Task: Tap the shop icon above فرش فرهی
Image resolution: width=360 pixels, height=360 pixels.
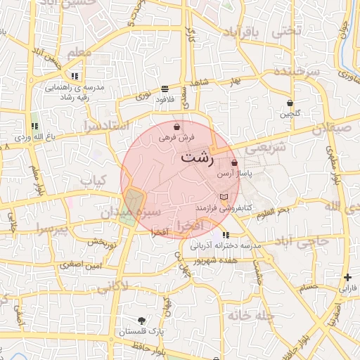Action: pos(176,127)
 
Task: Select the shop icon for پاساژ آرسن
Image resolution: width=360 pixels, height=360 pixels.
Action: pos(234,162)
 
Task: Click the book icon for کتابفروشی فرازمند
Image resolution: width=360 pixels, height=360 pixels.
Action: pos(224,197)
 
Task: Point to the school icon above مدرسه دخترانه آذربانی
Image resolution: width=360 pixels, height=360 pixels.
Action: pos(225,235)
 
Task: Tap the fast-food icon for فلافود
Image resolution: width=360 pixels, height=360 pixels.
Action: pos(165,89)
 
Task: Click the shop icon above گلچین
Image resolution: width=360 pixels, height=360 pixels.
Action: pos(290,103)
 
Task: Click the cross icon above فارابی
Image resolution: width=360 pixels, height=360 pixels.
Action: pos(347,278)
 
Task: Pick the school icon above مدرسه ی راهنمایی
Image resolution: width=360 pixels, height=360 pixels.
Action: pos(74,76)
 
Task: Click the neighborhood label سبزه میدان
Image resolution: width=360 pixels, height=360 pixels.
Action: pos(136,210)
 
